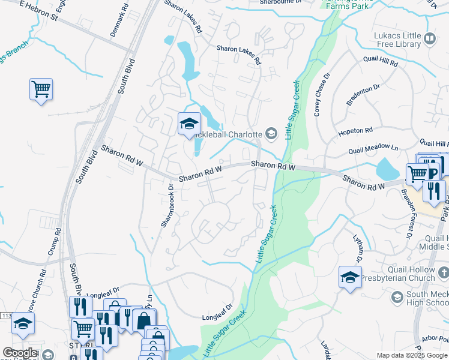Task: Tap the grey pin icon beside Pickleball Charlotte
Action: tap(271, 134)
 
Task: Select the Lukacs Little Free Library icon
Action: tap(430, 40)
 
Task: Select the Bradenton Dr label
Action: tap(364, 95)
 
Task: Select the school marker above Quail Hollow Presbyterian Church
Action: tap(350, 277)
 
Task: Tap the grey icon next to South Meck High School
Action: tap(397, 297)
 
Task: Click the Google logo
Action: tap(20, 353)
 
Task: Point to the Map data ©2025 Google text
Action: tap(411, 355)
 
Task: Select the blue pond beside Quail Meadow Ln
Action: tap(388, 170)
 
